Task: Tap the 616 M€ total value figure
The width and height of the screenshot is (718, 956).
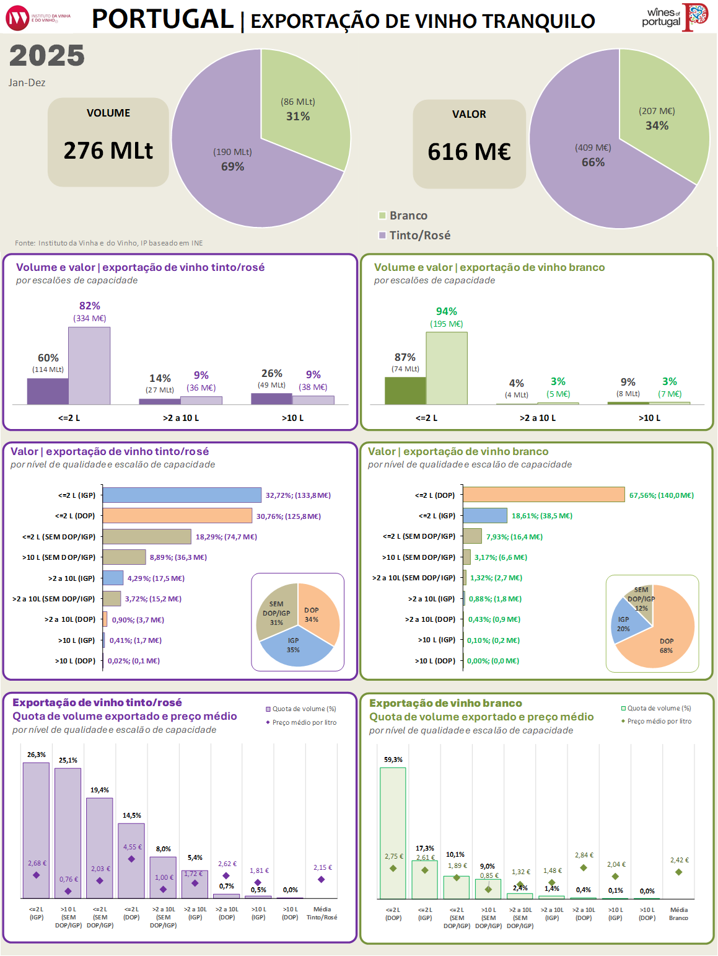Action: point(469,152)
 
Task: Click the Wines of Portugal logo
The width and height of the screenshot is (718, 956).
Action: point(675,17)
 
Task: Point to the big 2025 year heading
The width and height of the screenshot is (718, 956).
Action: point(47,56)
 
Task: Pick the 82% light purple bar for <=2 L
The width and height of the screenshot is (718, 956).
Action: point(89,366)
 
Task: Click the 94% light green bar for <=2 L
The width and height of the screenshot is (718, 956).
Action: point(447,368)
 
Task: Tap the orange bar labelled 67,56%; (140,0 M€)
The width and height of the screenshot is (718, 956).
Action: point(543,495)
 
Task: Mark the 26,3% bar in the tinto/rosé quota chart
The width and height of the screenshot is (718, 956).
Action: point(36,830)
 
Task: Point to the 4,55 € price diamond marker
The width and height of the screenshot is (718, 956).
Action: point(131,859)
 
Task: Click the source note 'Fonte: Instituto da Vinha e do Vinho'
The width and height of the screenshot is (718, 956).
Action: point(109,243)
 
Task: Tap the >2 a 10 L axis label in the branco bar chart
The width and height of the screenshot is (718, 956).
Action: point(537,418)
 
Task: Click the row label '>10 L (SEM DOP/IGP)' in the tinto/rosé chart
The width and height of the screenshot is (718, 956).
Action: point(59,557)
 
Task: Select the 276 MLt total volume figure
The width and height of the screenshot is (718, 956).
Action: point(108,151)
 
